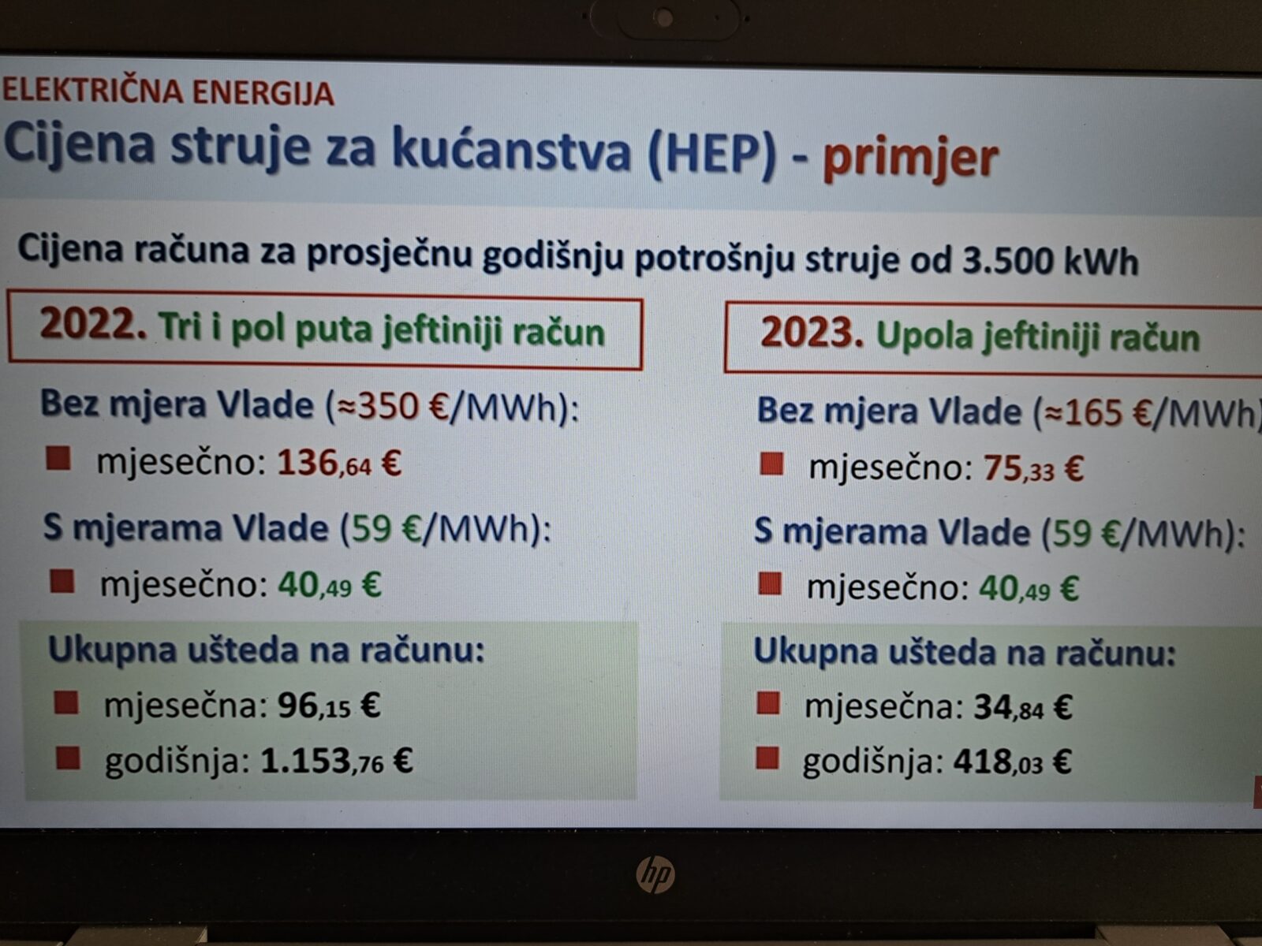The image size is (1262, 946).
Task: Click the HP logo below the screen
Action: (655, 874)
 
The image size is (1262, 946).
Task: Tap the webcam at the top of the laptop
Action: (664, 16)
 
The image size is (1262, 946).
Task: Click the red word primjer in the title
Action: (910, 157)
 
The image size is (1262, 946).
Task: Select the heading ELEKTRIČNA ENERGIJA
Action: (168, 91)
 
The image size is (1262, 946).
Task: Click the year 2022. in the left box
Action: (93, 324)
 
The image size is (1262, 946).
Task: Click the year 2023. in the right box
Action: (812, 333)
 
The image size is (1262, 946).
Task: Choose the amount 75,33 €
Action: (1032, 469)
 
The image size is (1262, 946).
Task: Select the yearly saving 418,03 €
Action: (1012, 762)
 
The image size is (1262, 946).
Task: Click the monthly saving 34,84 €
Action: (1022, 707)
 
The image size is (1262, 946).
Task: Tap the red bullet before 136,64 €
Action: (58, 458)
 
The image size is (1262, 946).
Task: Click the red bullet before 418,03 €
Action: (767, 759)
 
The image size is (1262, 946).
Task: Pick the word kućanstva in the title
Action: (511, 148)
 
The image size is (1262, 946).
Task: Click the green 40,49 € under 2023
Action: (1029, 589)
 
